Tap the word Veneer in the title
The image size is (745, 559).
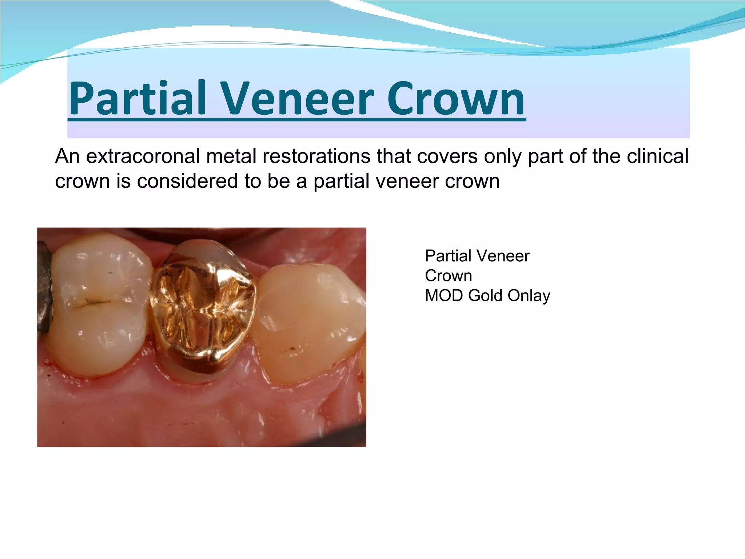(x=297, y=98)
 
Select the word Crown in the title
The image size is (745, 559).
(x=455, y=98)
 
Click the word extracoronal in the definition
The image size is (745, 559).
(x=143, y=156)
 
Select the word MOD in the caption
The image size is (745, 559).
(x=444, y=296)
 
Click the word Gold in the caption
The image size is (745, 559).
(x=485, y=296)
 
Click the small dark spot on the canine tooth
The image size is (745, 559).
(x=291, y=350)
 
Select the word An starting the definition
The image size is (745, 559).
(x=67, y=156)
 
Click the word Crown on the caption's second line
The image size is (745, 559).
(x=448, y=276)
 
